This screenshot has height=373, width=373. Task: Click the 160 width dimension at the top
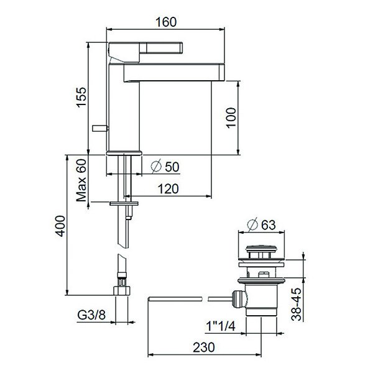pyautogui.click(x=166, y=22)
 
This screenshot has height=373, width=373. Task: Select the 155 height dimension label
pyautogui.click(x=81, y=98)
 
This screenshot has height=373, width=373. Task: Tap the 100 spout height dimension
pyautogui.click(x=231, y=118)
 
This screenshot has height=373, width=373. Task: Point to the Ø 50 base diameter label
pyautogui.click(x=165, y=166)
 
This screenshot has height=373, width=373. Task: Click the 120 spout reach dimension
pyautogui.click(x=168, y=189)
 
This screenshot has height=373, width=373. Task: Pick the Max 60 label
pyautogui.click(x=81, y=180)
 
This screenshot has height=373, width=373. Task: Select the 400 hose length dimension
pyautogui.click(x=60, y=226)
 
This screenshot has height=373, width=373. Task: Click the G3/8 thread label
pyautogui.click(x=91, y=315)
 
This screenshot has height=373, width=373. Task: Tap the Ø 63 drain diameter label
pyautogui.click(x=262, y=224)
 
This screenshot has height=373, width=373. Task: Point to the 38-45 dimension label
pyautogui.click(x=297, y=305)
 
